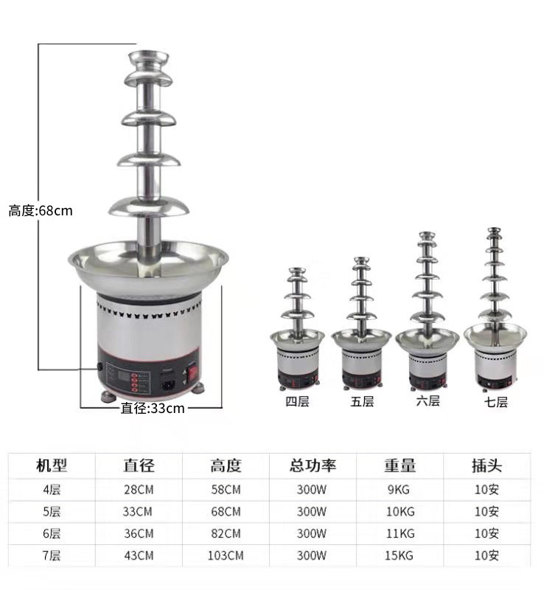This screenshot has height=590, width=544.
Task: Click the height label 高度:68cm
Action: [x=41, y=211]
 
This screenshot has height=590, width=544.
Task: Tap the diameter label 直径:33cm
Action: [x=153, y=408]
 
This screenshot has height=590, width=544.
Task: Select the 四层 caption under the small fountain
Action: [x=297, y=401]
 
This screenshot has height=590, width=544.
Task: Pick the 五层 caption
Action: [x=362, y=401]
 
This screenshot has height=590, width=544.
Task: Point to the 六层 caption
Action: [x=428, y=400]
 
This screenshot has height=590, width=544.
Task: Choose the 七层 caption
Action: [x=496, y=402]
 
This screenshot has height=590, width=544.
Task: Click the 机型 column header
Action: [x=52, y=465]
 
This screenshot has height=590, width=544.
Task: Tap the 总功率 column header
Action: [x=313, y=465]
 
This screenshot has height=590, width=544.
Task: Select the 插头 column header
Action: [x=487, y=465]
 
